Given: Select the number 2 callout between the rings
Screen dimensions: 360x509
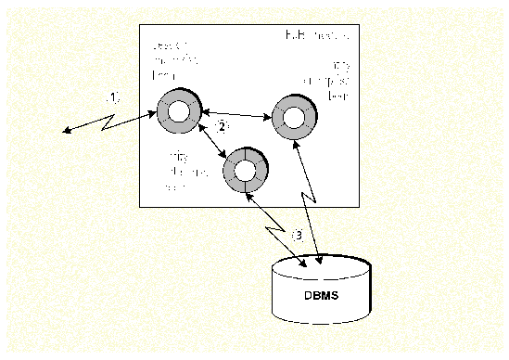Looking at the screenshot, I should point(222,126).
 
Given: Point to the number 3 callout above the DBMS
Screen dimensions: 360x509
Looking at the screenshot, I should point(298,235).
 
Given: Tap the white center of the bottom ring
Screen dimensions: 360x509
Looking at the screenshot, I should point(245,170).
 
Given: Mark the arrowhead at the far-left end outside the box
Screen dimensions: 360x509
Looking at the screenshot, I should point(67,132).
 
